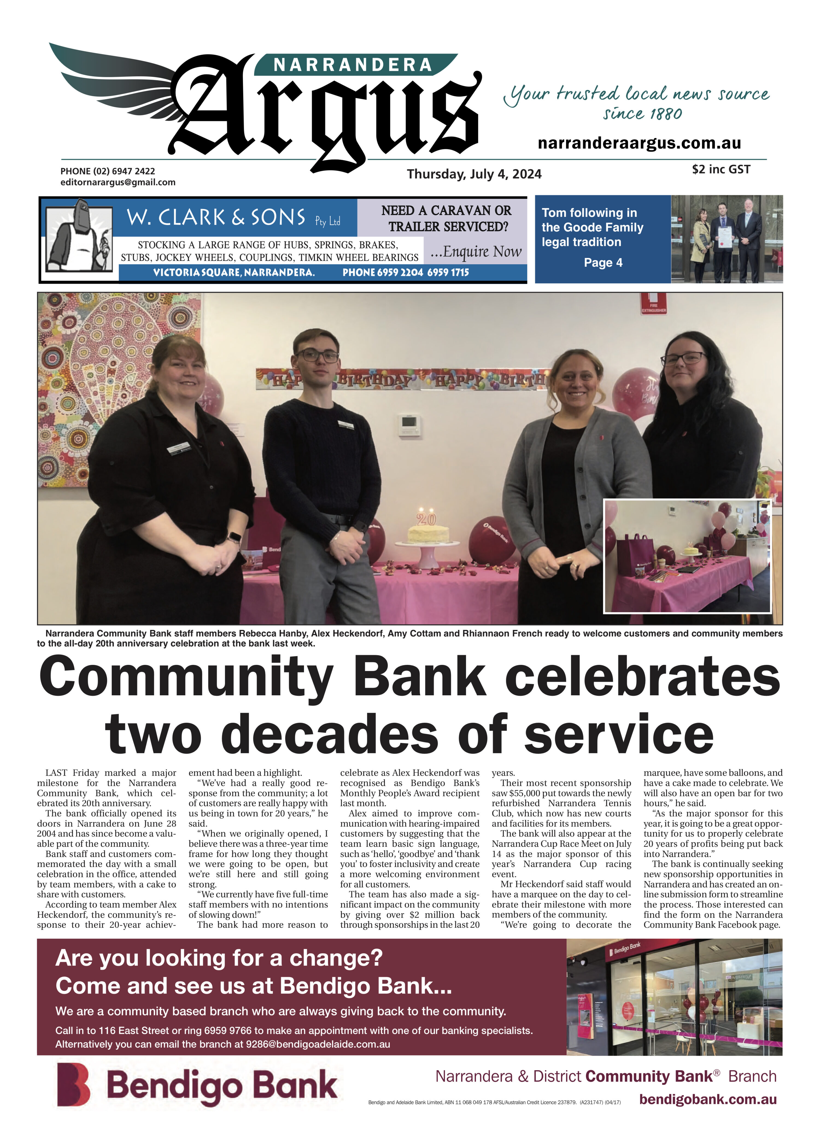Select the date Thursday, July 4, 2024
pos(474,174)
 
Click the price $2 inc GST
pos(721,169)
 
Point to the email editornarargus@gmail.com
pos(118,182)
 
